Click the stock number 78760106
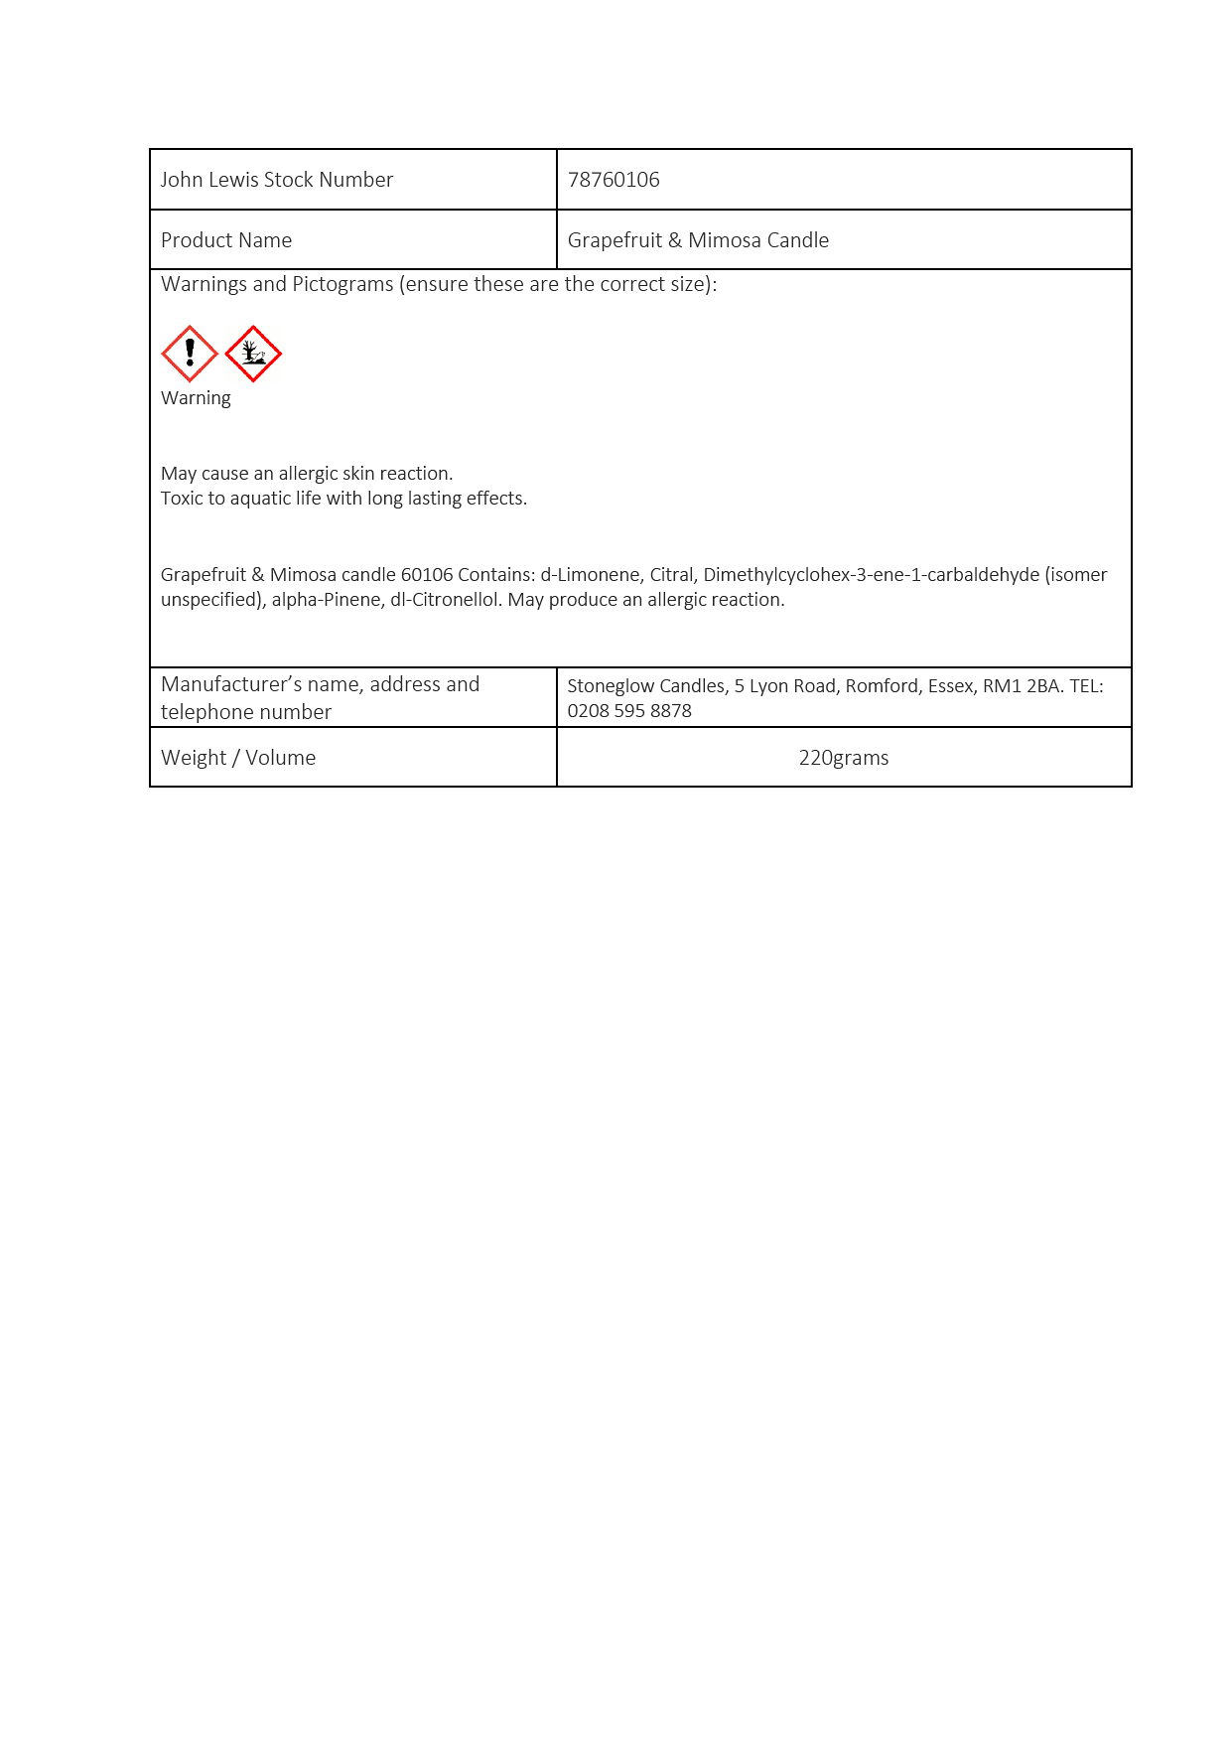pyautogui.click(x=614, y=180)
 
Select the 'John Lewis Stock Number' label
pyautogui.click(x=277, y=180)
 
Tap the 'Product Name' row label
pyautogui.click(x=226, y=240)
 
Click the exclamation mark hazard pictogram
pyautogui.click(x=190, y=354)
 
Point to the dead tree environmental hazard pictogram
pyautogui.click(x=253, y=354)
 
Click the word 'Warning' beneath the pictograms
pyautogui.click(x=196, y=398)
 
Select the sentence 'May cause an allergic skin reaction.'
pyautogui.click(x=307, y=474)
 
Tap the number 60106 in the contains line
pyautogui.click(x=427, y=575)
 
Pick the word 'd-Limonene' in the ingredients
pyautogui.click(x=590, y=575)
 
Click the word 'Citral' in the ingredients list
pyautogui.click(x=672, y=575)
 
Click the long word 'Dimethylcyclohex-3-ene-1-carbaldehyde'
pyautogui.click(x=872, y=575)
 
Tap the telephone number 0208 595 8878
pyautogui.click(x=629, y=711)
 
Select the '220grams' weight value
pyautogui.click(x=844, y=758)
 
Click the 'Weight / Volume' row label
pyautogui.click(x=238, y=758)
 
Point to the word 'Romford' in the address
pyautogui.click(x=882, y=686)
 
